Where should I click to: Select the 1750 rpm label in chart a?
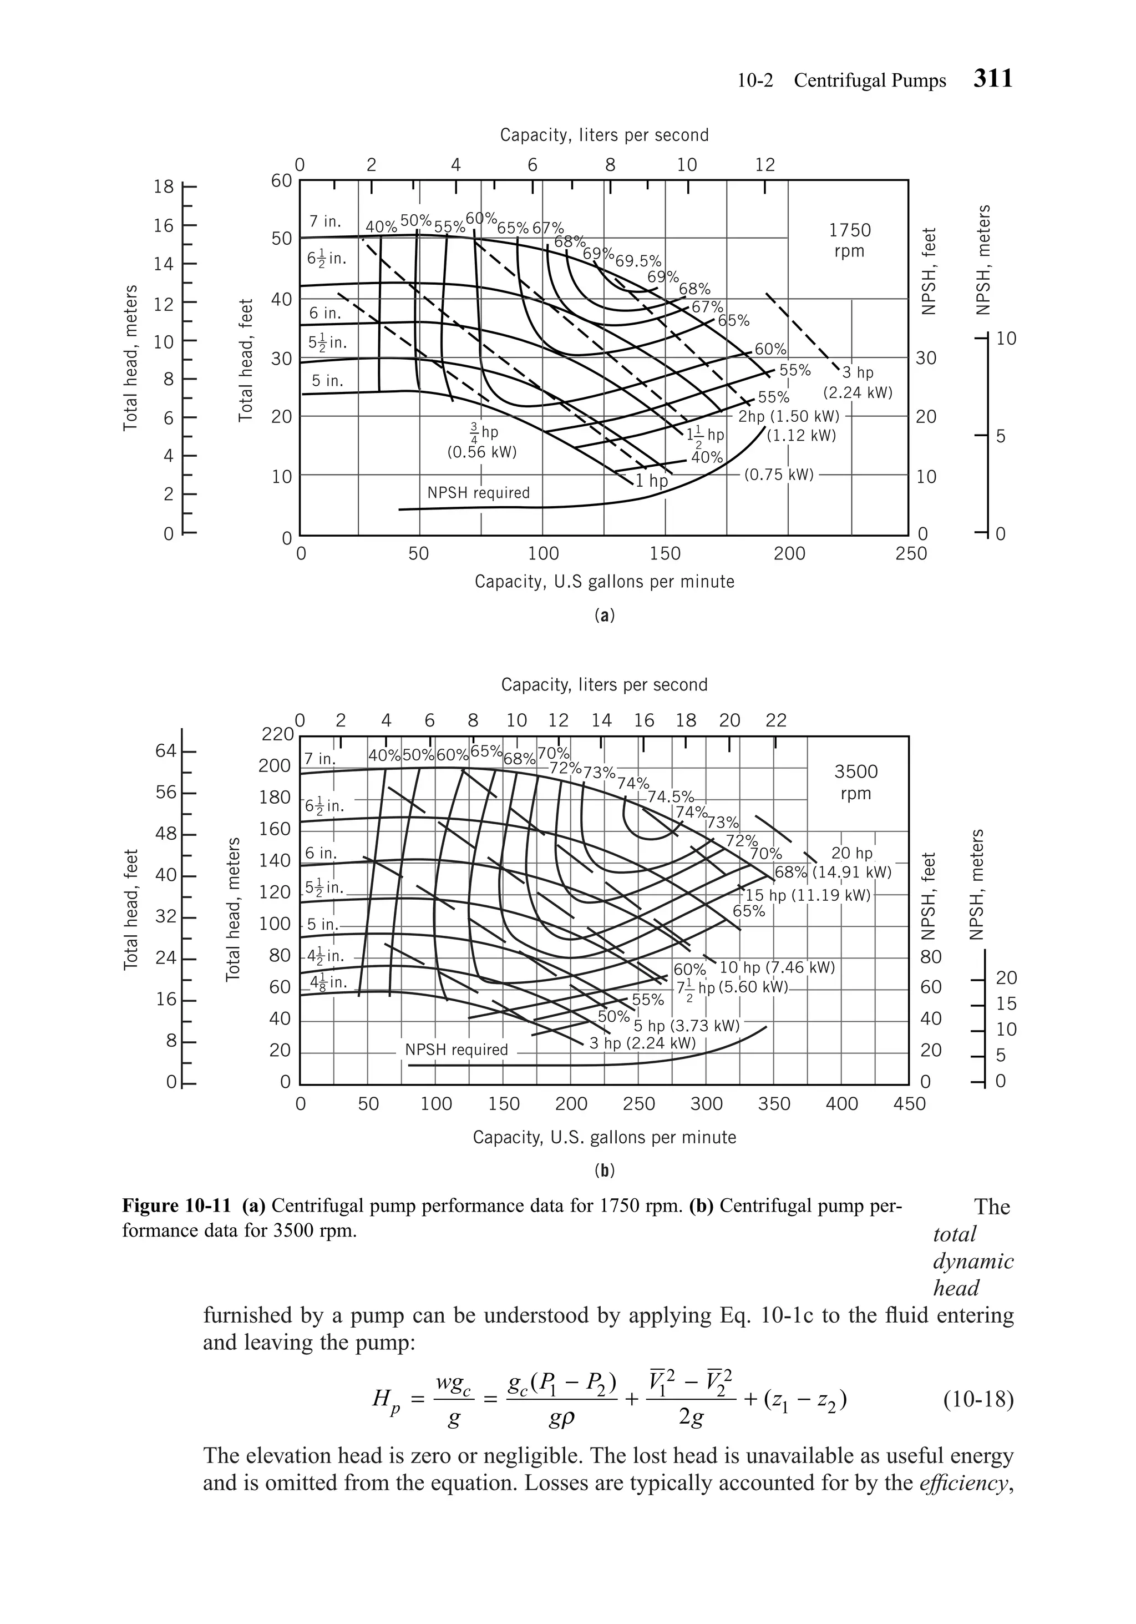click(849, 240)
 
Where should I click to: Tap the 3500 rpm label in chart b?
click(855, 781)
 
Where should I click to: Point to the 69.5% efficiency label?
click(638, 261)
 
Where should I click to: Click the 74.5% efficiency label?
click(670, 797)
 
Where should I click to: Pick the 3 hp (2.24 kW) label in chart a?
click(858, 382)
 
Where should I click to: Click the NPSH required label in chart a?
click(478, 492)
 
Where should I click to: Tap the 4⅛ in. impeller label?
click(327, 982)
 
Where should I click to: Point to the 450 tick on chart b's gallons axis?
click(909, 1104)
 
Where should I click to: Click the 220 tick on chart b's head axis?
click(277, 734)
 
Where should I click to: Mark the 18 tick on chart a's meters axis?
click(164, 186)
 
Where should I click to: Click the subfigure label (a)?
click(603, 616)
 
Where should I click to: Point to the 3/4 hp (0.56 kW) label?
click(482, 441)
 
